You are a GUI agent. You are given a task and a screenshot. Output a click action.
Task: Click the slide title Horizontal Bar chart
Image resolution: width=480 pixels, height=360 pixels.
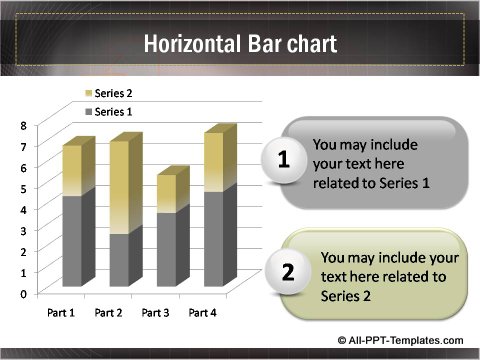(x=239, y=44)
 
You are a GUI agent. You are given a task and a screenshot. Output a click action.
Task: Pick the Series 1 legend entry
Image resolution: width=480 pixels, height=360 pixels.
(x=114, y=111)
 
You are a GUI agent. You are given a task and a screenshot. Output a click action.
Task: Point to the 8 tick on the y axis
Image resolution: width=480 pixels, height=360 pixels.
(x=23, y=125)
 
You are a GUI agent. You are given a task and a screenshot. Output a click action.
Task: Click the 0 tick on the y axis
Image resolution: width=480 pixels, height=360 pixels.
(x=23, y=293)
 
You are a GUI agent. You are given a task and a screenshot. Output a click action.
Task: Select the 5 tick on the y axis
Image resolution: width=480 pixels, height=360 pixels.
(x=23, y=188)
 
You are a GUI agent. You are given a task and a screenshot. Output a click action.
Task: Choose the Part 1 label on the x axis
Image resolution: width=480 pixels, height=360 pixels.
(x=61, y=313)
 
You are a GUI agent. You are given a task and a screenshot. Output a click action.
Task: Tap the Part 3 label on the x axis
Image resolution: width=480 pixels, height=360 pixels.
(x=156, y=313)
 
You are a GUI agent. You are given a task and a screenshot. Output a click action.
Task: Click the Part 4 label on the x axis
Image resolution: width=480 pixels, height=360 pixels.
(x=204, y=313)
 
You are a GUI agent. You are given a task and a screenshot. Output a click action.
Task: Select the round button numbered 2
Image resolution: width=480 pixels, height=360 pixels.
(x=288, y=273)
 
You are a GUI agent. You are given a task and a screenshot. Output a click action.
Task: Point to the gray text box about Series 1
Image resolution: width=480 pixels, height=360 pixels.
(x=376, y=163)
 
